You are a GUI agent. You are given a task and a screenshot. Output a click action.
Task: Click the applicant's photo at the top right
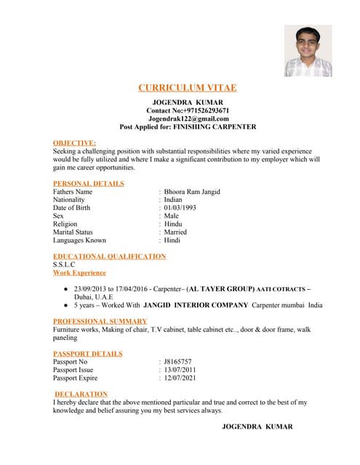click(x=308, y=51)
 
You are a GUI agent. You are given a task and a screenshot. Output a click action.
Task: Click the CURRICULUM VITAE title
click(x=187, y=88)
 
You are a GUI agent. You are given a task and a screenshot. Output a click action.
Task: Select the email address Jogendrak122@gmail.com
click(x=188, y=118)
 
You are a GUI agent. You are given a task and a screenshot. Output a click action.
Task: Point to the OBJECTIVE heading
click(x=74, y=143)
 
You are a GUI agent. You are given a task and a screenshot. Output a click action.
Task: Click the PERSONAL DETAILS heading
click(x=89, y=184)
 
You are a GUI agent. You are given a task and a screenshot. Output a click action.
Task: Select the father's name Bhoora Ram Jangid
click(x=192, y=192)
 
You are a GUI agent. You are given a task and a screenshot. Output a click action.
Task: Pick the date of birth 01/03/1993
click(x=180, y=208)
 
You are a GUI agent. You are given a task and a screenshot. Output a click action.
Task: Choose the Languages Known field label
click(x=79, y=240)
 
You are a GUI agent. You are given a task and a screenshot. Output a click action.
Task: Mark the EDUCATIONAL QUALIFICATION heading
click(x=109, y=256)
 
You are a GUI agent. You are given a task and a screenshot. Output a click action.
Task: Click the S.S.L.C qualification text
click(x=64, y=264)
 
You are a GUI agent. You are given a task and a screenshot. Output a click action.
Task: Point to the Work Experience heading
click(x=79, y=272)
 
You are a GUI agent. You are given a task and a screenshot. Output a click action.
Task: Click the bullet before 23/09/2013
click(x=66, y=289)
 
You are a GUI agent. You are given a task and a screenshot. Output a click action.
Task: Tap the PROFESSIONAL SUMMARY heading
click(x=100, y=321)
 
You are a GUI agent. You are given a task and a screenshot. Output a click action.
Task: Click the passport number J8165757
click(x=177, y=361)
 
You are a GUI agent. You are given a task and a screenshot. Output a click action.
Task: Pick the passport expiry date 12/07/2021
click(x=180, y=378)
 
